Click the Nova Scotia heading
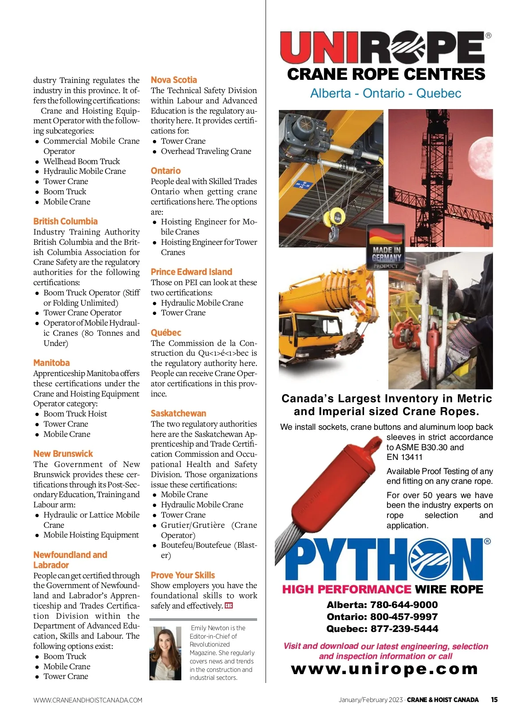(174, 80)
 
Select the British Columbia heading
(65, 221)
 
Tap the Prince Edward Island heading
(191, 272)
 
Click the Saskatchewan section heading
(178, 413)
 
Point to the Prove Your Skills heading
(183, 575)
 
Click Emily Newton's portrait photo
(166, 653)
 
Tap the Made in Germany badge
(386, 247)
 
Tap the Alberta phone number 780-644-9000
(382, 605)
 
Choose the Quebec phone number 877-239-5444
(382, 629)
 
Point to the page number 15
(494, 700)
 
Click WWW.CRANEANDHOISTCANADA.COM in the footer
(88, 700)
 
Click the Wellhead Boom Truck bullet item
(82, 161)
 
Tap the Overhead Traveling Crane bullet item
(206, 151)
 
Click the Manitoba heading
(51, 363)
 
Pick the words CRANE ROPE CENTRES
(386, 74)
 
